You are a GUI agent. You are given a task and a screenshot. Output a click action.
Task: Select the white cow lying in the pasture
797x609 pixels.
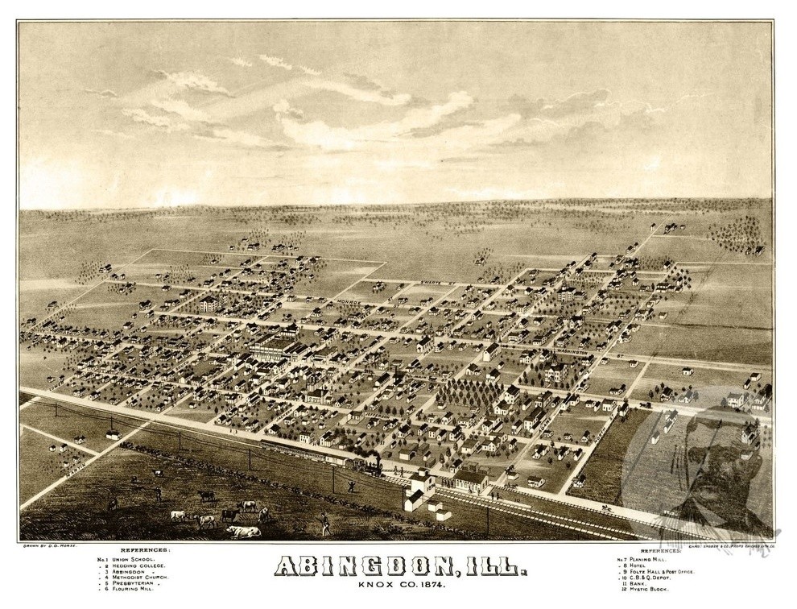243,531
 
